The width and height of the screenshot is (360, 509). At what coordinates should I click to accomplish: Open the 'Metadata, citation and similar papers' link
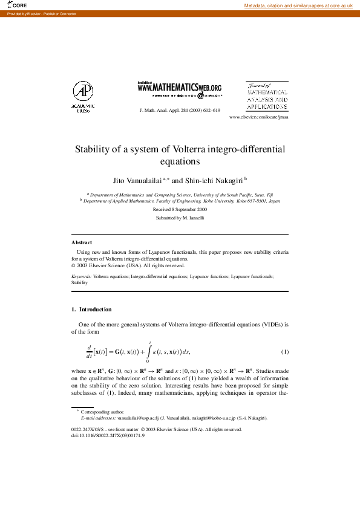298,5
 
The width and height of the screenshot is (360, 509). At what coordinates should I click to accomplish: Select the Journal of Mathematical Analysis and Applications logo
267,96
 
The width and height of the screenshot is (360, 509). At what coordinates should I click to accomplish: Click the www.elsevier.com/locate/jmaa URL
259,117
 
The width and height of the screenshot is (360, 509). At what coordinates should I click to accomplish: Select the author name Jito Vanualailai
137,180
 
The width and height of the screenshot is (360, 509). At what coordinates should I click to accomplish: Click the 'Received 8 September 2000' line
180,209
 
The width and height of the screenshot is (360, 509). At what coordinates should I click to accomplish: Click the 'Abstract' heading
82,242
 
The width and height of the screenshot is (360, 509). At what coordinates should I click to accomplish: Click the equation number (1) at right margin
284,351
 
